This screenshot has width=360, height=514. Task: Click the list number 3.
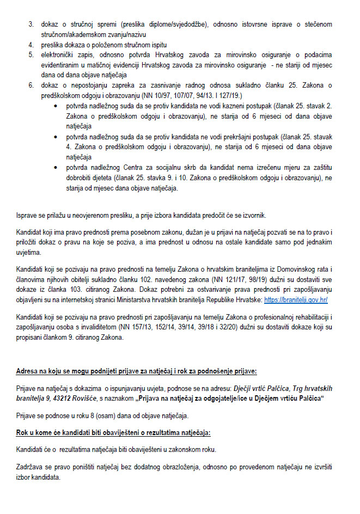(x=31, y=25)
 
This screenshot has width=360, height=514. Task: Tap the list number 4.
(x=31, y=44)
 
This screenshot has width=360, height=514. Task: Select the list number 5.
(x=31, y=54)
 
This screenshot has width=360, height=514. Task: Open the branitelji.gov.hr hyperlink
(x=296, y=300)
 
